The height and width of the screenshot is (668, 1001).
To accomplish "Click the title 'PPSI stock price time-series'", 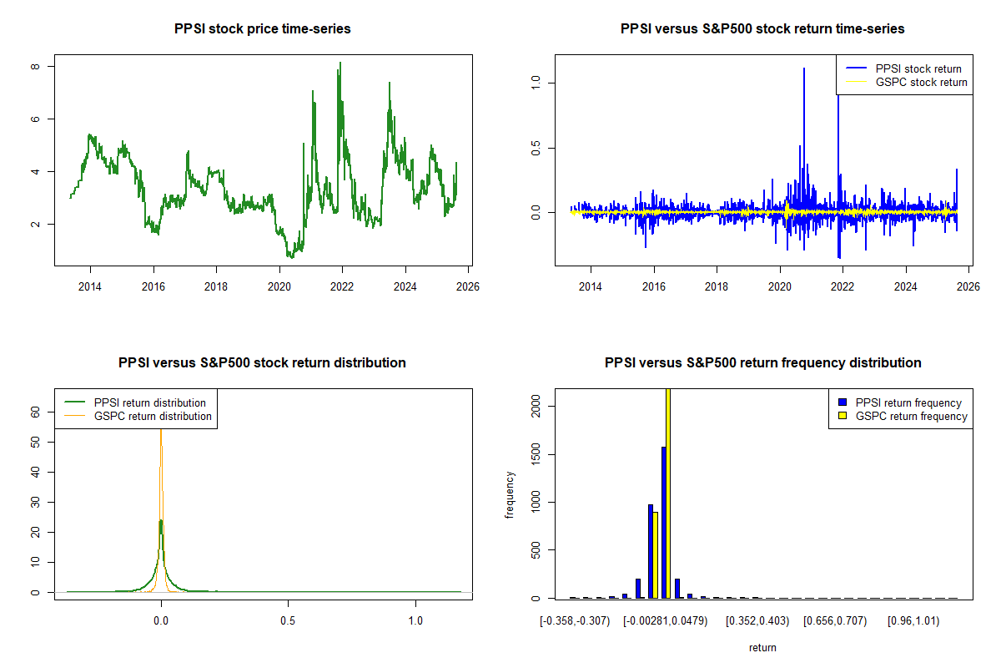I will coord(262,28).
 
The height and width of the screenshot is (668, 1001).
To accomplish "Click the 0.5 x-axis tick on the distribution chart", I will coord(288,621).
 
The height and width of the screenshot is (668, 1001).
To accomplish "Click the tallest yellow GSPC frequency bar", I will coord(668,493).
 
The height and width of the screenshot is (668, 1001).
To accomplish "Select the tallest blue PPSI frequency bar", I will coord(663,522).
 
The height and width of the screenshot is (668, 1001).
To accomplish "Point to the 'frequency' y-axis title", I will coord(510,495).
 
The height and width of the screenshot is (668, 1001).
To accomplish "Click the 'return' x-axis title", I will coord(762,647).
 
